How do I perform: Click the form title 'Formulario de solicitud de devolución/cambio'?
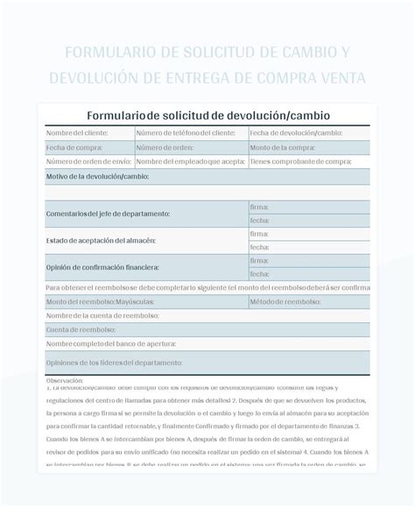point(207,116)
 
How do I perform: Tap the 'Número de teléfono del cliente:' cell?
point(186,133)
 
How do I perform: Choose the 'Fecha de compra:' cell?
point(70,147)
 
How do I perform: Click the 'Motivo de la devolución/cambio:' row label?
point(97,177)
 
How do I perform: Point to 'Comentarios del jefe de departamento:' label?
point(108,214)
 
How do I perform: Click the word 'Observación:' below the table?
point(65,381)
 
